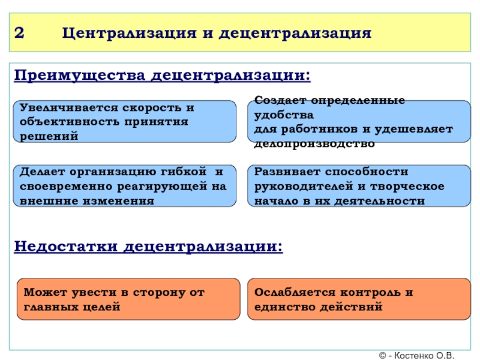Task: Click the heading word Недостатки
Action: (68, 247)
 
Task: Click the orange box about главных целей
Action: (125, 299)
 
